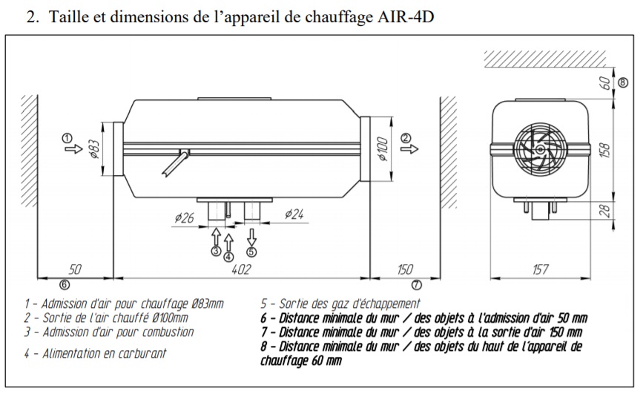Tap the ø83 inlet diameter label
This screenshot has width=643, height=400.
[94, 148]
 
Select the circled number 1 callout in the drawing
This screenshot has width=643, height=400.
[67, 138]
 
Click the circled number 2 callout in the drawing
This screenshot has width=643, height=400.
[405, 138]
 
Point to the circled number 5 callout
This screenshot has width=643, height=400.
[251, 251]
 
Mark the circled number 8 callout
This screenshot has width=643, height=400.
[623, 82]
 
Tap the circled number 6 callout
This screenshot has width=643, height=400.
[64, 283]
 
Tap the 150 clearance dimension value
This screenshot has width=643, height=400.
[405, 269]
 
